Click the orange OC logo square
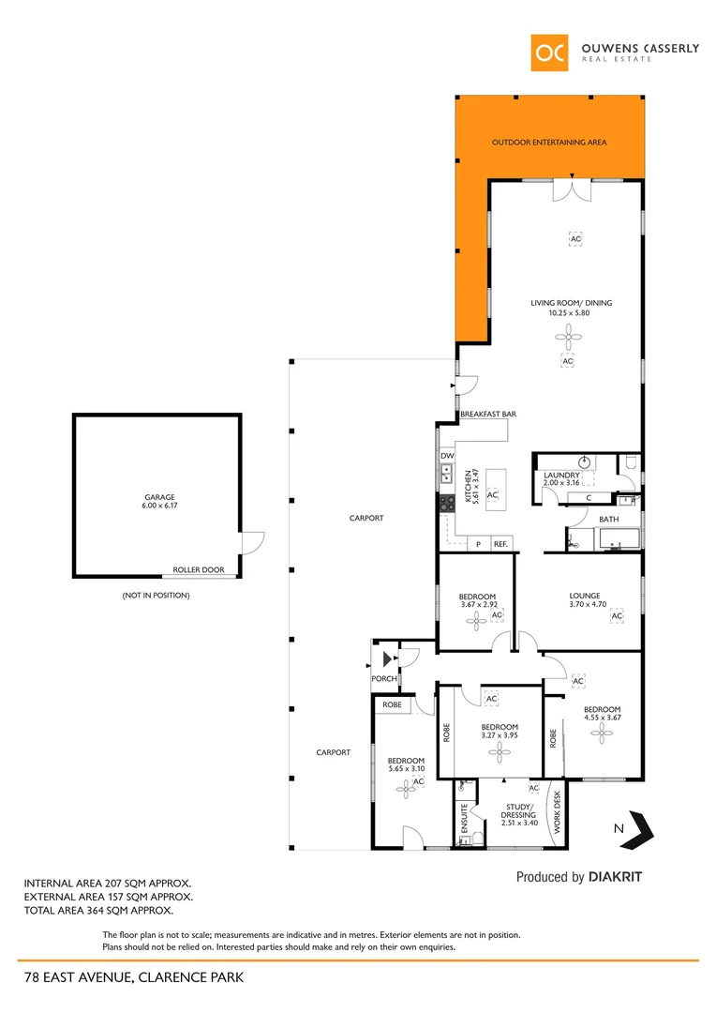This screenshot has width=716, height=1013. [x=549, y=53]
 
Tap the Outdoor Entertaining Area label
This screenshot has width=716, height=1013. [x=549, y=143]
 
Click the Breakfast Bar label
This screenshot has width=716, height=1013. [x=488, y=414]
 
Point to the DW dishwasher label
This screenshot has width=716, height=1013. [x=447, y=456]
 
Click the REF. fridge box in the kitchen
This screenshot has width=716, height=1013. [x=500, y=544]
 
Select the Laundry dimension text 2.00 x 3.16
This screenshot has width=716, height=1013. [x=562, y=484]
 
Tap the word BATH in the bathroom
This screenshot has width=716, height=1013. [x=609, y=519]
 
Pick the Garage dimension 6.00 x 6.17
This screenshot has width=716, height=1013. [x=158, y=506]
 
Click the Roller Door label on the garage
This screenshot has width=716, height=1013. [x=198, y=569]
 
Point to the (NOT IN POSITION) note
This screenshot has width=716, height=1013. [x=156, y=596]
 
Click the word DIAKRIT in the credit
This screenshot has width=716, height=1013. [x=616, y=877]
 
